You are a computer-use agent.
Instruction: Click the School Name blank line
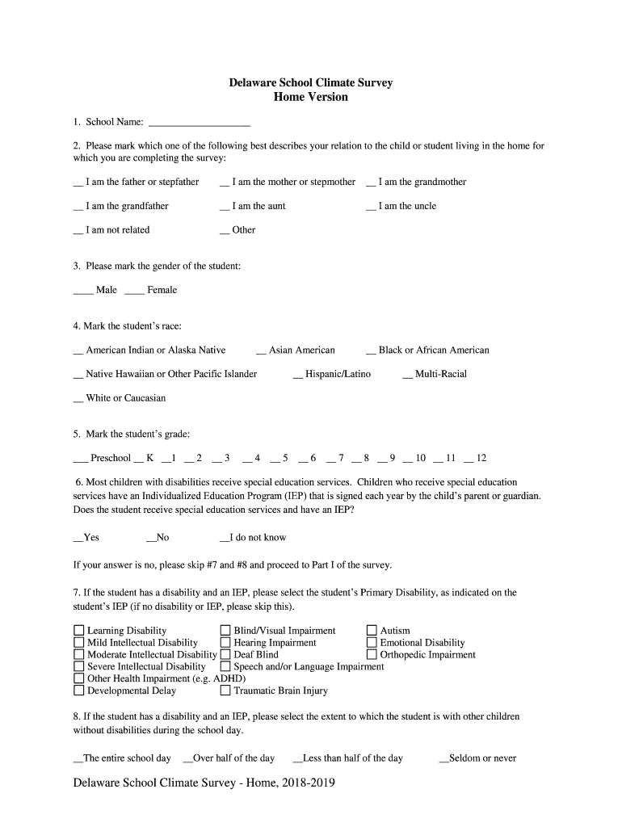(200, 124)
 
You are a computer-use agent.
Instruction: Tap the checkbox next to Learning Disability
(79, 631)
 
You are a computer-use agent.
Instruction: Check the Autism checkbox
(372, 631)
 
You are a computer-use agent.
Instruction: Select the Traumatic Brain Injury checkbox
(225, 691)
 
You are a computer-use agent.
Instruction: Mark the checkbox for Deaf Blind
(225, 655)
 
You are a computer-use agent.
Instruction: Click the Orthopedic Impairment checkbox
(372, 655)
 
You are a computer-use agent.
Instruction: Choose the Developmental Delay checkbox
(79, 691)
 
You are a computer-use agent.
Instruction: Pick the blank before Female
(135, 291)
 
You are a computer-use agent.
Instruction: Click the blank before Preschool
(81, 459)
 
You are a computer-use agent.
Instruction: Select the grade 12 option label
(481, 459)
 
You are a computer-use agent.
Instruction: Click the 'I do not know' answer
(258, 538)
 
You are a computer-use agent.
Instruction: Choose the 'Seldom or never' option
(482, 758)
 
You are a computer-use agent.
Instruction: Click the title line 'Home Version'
(311, 98)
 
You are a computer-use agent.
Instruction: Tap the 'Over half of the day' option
(233, 758)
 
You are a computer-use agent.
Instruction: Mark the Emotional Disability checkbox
(372, 643)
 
